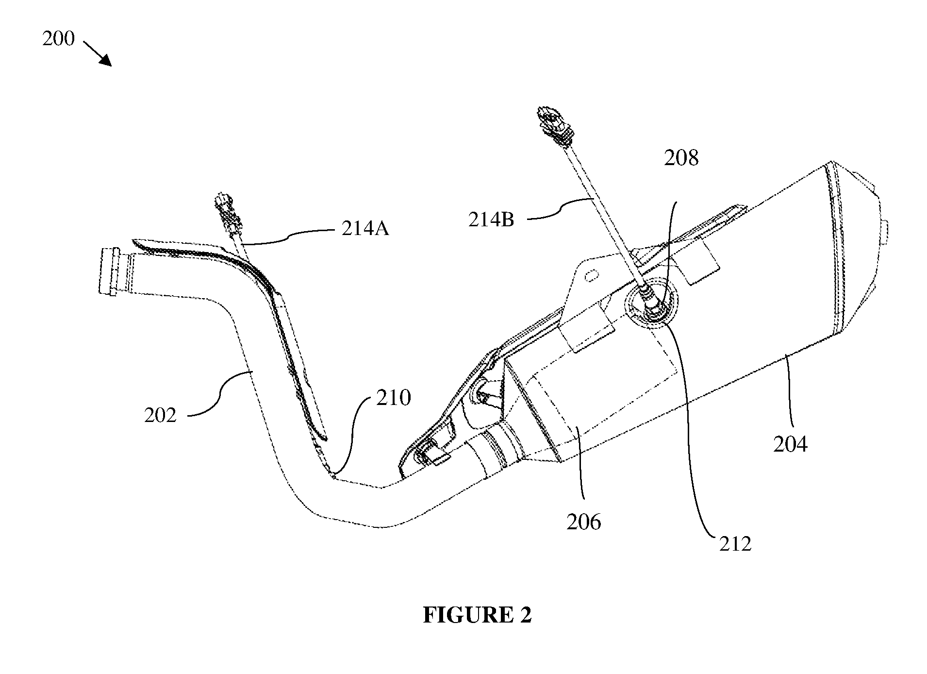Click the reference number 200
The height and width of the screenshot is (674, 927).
(58, 39)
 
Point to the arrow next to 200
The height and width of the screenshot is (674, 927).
(98, 53)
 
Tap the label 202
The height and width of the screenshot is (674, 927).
(160, 416)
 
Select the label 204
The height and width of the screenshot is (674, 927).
(790, 444)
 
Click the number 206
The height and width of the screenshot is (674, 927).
(584, 522)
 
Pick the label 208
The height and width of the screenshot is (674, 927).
(681, 158)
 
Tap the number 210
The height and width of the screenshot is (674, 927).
(394, 398)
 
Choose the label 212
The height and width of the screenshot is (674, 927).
(735, 544)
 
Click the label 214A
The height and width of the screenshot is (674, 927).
(365, 228)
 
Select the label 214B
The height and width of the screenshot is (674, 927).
(491, 220)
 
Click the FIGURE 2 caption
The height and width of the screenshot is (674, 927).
(477, 615)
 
